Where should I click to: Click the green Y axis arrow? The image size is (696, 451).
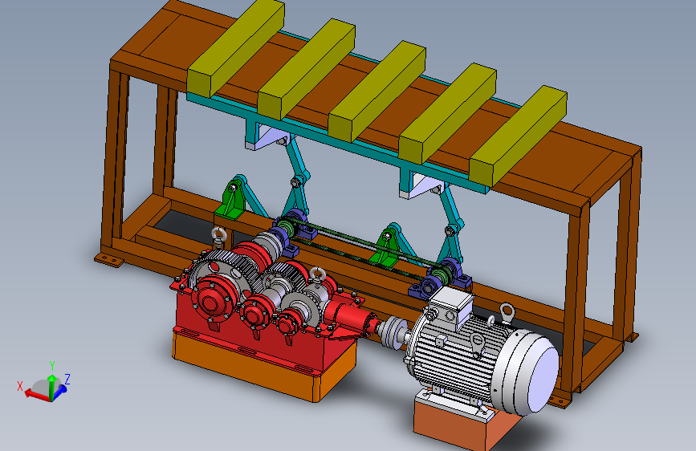[x=52, y=386]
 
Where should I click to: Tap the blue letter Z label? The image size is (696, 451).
[x=67, y=379]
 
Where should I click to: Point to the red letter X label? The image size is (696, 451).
[x=20, y=386]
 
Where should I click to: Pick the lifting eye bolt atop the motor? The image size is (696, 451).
[x=507, y=312]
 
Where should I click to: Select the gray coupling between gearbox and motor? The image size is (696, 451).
[x=393, y=331]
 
